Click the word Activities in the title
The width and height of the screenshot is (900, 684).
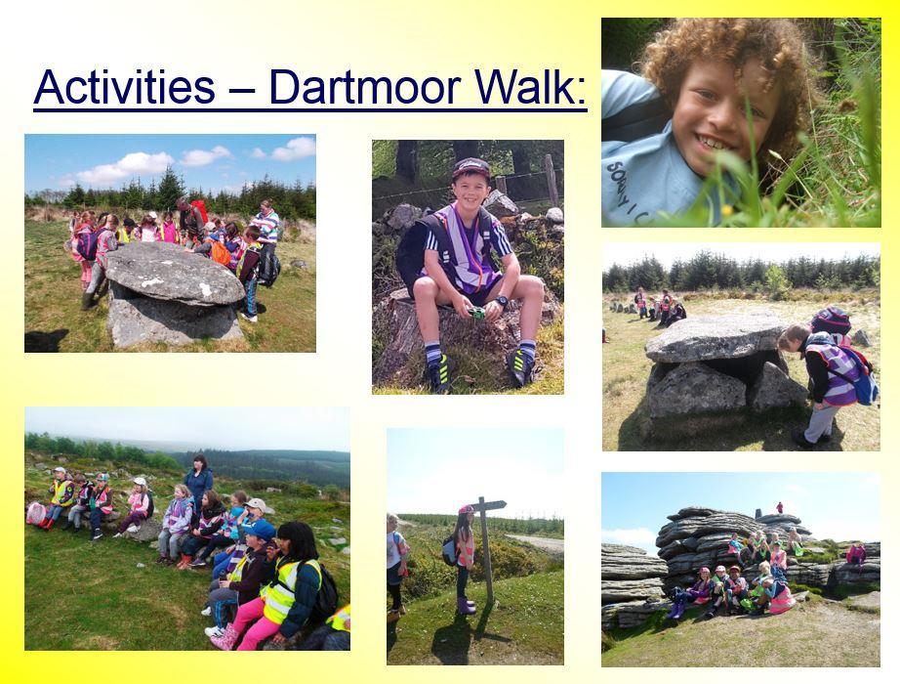124,86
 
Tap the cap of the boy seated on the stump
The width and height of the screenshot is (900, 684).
470,168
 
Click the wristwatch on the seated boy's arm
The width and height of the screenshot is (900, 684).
501,301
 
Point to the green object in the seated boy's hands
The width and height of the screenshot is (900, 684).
476,314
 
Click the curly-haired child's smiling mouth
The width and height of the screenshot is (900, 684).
712,143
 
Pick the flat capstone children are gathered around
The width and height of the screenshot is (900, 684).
174,273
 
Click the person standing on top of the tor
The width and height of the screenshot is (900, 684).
779,507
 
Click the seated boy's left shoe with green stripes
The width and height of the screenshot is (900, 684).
521,366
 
